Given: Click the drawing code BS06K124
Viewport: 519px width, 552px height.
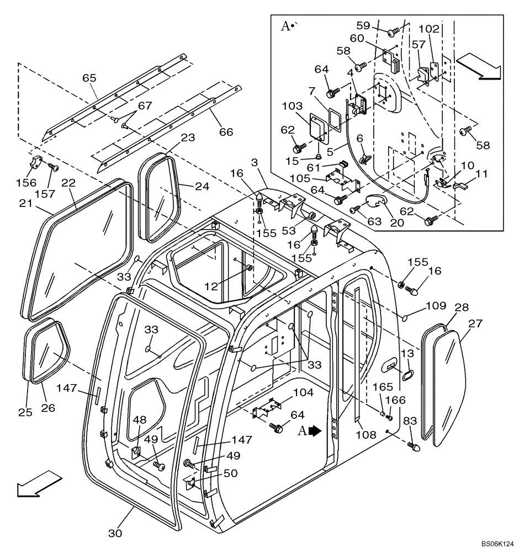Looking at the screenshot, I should [495, 544].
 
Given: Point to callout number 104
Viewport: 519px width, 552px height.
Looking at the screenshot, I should [288, 392].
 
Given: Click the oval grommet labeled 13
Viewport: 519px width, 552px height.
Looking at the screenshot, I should [407, 375].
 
